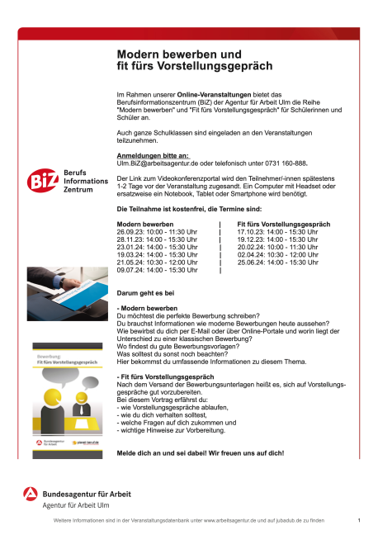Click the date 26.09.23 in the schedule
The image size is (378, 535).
130,233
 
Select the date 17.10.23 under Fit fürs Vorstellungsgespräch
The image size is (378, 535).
249,233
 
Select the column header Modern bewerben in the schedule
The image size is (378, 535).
145,225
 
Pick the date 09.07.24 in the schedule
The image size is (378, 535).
130,270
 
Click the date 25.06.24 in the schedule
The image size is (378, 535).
249,263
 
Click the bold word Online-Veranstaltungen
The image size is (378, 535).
210,95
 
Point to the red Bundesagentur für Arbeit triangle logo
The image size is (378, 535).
31,496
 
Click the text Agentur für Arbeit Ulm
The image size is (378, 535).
78,504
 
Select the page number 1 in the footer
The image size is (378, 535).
359,520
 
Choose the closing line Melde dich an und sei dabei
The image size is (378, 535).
201,453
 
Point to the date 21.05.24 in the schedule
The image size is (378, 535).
130,263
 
